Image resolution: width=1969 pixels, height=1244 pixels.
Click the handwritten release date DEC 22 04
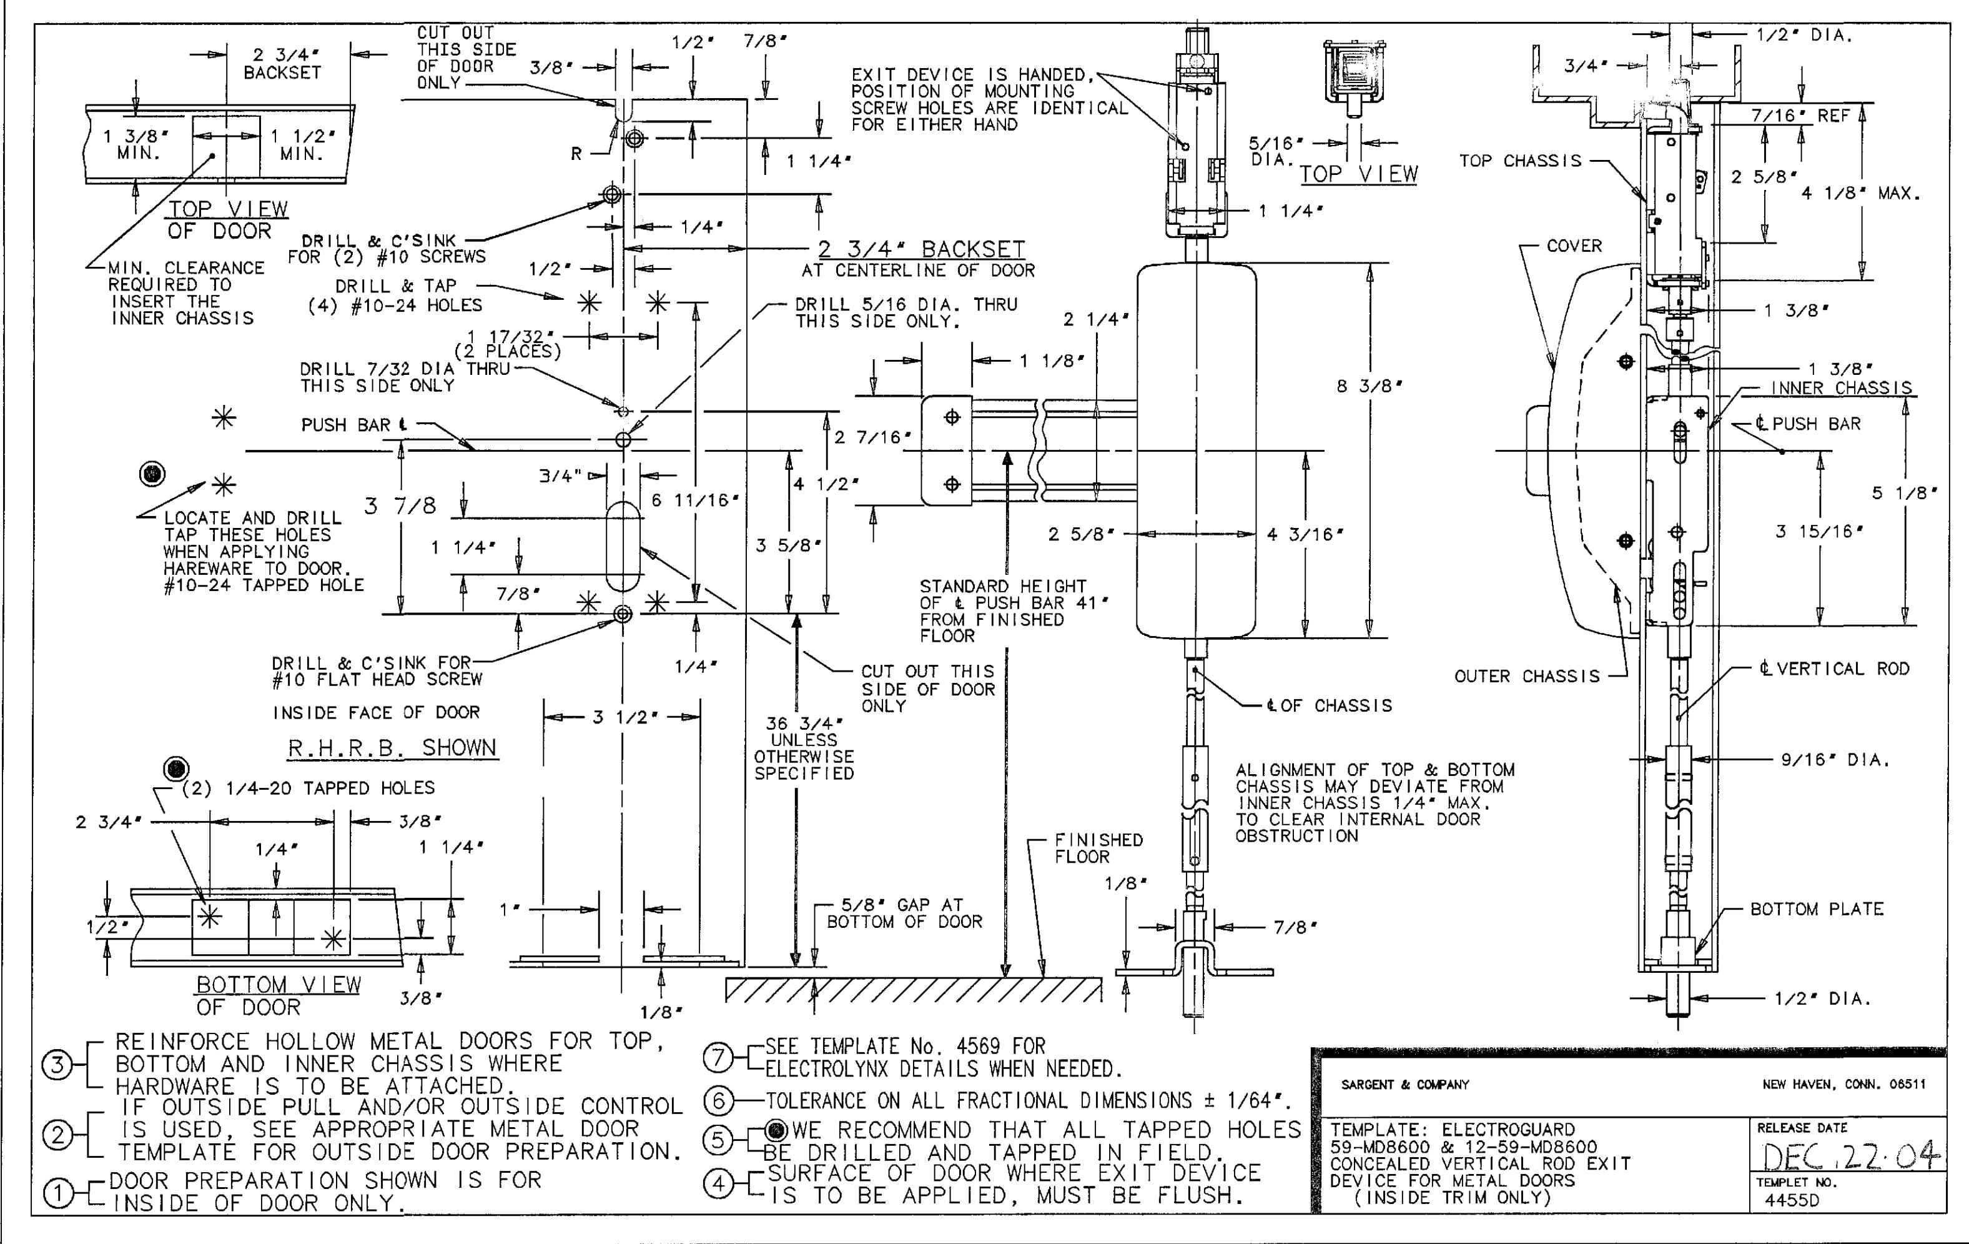(1848, 1157)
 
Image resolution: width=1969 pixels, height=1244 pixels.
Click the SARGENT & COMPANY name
(1405, 1085)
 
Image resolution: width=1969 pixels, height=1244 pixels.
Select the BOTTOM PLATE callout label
(1817, 908)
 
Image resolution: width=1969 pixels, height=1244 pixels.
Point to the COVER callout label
(1574, 246)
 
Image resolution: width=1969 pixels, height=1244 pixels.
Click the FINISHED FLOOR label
(1098, 848)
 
